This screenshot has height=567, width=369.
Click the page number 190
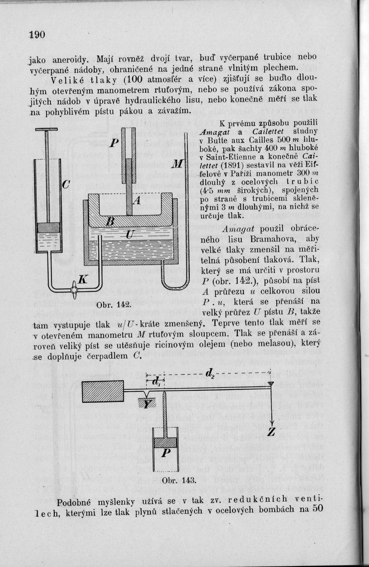pos(37,35)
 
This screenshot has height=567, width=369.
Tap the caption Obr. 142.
pos(107,305)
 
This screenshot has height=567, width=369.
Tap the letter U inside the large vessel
pos(128,234)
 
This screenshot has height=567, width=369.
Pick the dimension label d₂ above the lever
pos(210,373)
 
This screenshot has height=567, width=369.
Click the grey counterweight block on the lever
pos(103,391)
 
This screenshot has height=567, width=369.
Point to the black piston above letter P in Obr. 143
pos(166,443)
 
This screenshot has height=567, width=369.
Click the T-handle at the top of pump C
pos(47,130)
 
